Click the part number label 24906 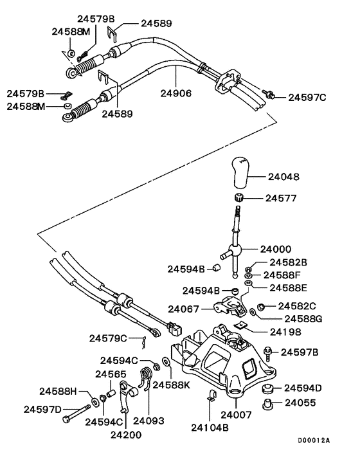[176, 93]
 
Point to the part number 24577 [282, 198]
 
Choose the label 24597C [307, 97]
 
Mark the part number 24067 [184, 309]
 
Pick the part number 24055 [300, 404]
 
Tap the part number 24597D [43, 409]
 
